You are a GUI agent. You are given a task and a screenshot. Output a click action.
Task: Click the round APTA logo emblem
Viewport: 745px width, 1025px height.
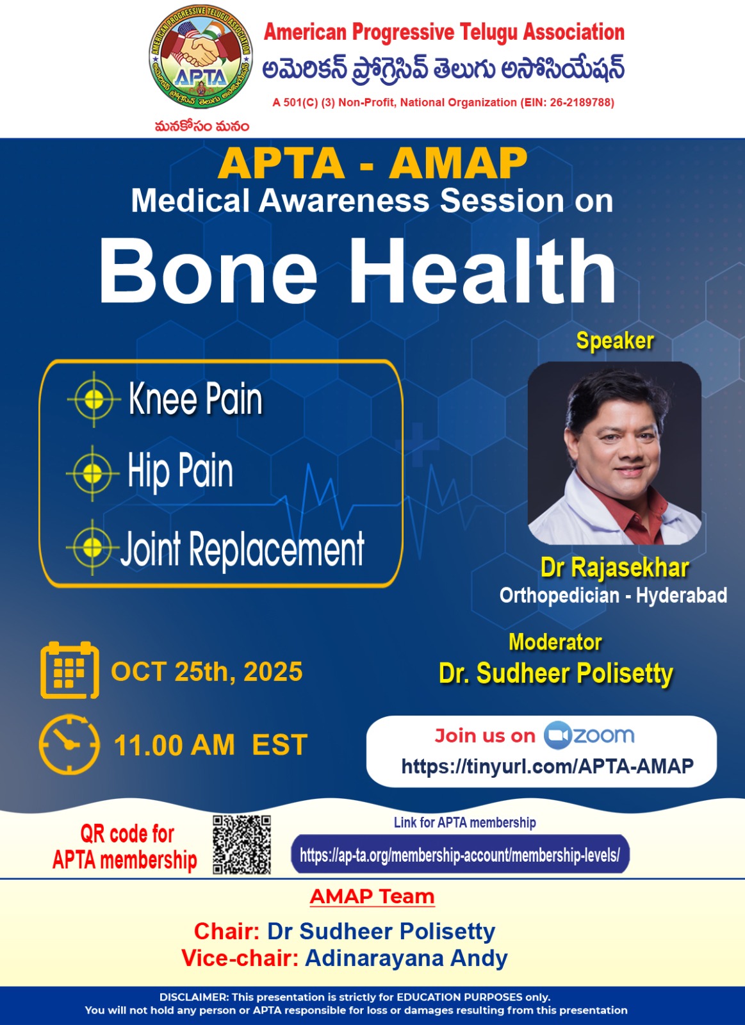201,57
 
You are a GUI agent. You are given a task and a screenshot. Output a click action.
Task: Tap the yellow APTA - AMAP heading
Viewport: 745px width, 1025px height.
373,163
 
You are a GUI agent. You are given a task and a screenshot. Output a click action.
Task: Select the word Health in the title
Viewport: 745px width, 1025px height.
483,271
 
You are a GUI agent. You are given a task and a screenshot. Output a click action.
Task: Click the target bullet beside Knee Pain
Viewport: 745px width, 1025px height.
94,400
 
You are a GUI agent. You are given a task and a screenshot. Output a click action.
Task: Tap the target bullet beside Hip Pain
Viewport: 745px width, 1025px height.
92,473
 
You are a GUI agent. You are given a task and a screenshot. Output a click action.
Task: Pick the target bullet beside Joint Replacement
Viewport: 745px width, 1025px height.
92,547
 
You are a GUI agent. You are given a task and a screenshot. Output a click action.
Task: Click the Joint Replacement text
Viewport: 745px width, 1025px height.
243,548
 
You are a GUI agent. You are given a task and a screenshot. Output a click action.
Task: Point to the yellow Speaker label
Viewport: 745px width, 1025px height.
614,341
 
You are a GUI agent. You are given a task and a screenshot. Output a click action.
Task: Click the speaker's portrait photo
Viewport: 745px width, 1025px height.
614,453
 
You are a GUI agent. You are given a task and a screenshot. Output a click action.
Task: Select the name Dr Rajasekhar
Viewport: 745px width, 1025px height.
614,568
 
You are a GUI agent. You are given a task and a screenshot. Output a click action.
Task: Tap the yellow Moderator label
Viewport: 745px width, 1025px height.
555,642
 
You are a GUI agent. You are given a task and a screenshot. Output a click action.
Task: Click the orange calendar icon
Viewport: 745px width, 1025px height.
70,670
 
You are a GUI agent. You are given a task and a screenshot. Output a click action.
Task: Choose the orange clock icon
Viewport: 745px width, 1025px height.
70,744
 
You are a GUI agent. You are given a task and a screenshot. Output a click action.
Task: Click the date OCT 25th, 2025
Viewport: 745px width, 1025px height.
207,671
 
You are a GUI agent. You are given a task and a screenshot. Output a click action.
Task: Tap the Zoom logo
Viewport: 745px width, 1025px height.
589,735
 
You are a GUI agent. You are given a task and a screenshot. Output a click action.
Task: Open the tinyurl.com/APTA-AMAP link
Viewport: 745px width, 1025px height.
547,766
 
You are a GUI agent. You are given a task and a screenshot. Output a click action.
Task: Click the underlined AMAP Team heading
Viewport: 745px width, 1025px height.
372,897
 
